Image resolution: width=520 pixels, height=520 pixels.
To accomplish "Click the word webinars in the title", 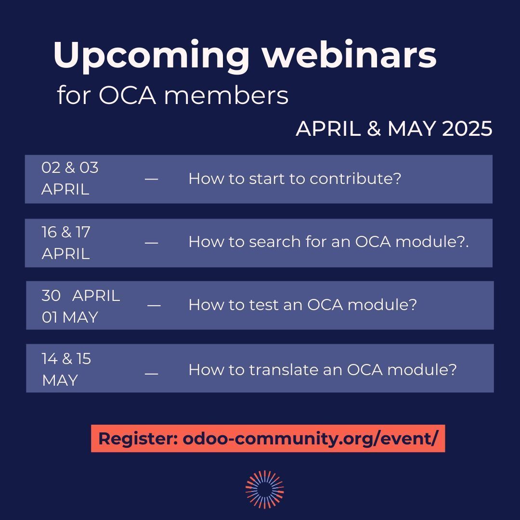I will coord(349,55).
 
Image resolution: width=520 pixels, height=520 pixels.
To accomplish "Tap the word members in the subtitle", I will coord(226,95).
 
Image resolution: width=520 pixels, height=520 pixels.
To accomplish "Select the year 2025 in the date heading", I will coord(467,129).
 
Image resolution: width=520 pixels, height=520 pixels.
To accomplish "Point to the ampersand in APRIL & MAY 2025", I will coord(374,129).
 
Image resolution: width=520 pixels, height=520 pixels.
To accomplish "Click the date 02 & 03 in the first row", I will coord(70,168).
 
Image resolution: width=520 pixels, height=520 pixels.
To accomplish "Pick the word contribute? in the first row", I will coord(355,179).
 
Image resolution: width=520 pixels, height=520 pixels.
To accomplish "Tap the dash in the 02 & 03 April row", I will coord(151,179).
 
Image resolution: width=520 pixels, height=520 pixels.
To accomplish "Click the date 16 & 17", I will coord(66,232).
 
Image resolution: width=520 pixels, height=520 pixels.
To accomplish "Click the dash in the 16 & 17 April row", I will coord(151,243).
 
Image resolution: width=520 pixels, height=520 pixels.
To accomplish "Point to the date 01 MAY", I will coord(70,317).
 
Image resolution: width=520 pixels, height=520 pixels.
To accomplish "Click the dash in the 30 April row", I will coord(154,305).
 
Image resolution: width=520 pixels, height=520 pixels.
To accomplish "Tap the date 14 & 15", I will coord(66,359).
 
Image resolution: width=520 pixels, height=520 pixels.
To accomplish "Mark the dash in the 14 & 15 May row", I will coord(151,373).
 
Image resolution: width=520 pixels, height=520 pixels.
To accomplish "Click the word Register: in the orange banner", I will coord(138,439).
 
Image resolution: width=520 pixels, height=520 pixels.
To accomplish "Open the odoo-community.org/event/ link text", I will coord(310,439).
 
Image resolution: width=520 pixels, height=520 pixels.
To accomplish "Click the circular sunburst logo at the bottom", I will coord(264,489).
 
